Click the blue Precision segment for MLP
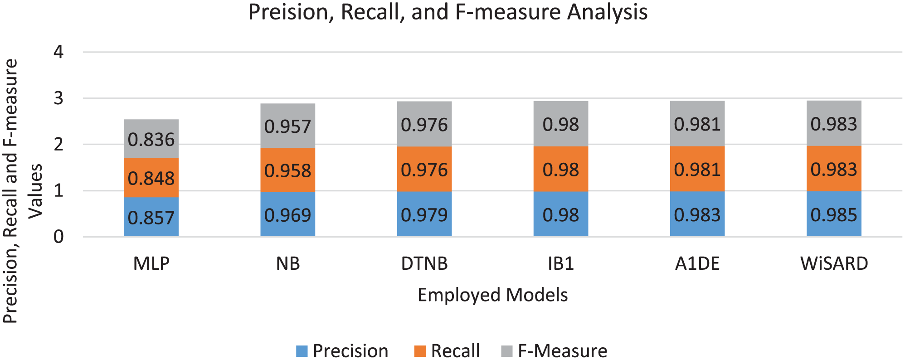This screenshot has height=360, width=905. click(x=151, y=217)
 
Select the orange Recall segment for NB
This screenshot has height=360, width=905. click(x=288, y=170)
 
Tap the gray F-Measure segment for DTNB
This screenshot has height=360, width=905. click(x=424, y=124)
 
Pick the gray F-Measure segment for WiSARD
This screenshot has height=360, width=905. click(x=834, y=123)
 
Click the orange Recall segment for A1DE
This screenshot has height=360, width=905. click(x=697, y=169)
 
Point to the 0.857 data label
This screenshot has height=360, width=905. click(x=151, y=218)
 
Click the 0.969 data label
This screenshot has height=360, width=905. click(x=288, y=215)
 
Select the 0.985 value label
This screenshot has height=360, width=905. click(x=834, y=215)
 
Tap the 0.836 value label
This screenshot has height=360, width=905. click(x=151, y=140)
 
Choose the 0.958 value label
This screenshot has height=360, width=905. click(x=288, y=171)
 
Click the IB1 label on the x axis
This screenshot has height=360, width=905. click(x=561, y=263)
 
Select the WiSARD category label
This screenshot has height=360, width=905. click(x=834, y=263)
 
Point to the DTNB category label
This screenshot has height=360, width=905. click(x=424, y=263)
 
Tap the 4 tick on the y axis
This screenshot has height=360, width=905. click(x=58, y=52)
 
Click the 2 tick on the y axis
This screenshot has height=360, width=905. click(x=58, y=145)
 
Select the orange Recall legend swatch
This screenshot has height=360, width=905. click(x=420, y=351)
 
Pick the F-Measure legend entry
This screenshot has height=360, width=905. click(x=554, y=351)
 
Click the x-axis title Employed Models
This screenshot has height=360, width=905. click(x=492, y=295)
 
